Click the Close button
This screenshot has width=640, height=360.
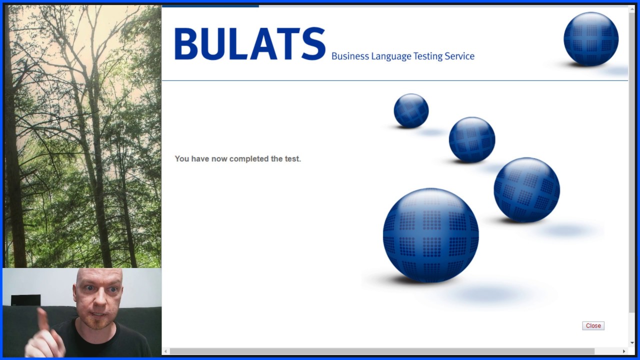coord(593,325)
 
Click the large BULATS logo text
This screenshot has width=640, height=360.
coord(249,44)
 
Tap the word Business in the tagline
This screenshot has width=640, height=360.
coord(349,56)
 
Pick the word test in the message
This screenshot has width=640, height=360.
coord(292,159)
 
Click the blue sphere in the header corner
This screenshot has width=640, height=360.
coord(590,39)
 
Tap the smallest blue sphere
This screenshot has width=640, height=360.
coord(411,110)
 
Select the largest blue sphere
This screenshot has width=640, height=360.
coord(430,235)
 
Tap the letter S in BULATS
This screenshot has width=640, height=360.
coord(313,44)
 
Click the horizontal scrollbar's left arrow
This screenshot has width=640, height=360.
coord(166,351)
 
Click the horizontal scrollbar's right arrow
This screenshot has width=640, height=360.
coord(623,351)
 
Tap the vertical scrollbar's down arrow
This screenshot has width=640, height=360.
coord(632,342)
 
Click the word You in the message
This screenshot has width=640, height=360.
coord(181,159)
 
